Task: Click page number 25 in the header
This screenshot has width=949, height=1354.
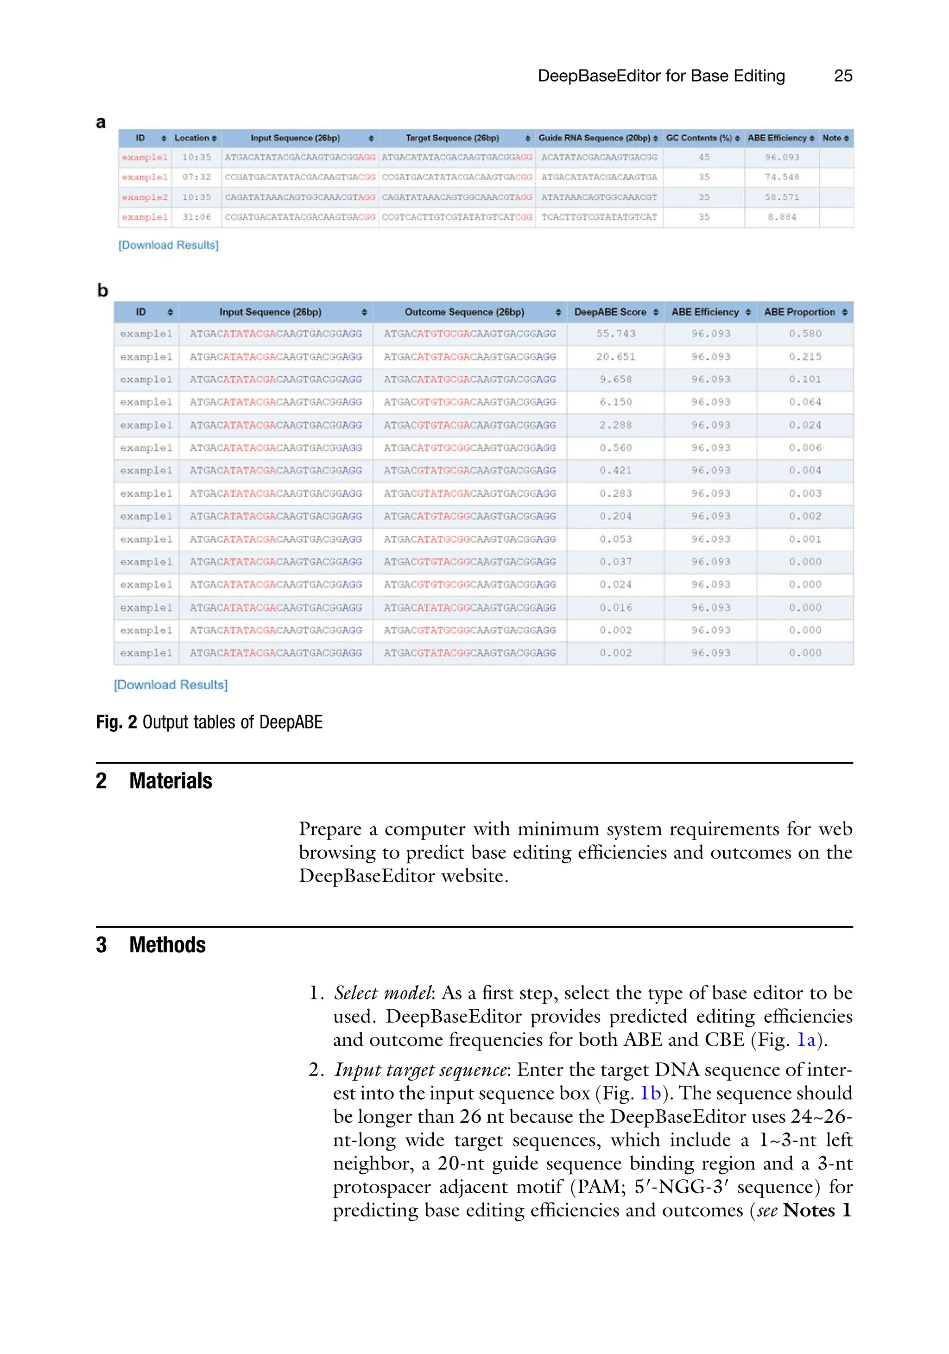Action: click(842, 76)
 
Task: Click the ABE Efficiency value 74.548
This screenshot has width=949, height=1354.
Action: click(782, 177)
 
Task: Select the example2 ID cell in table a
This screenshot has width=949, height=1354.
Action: click(145, 197)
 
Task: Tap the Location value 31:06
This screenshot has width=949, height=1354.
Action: click(196, 217)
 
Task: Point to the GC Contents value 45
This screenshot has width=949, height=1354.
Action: click(703, 158)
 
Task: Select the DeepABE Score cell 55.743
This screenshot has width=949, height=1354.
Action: click(616, 334)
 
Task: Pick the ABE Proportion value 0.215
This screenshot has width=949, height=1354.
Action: click(805, 357)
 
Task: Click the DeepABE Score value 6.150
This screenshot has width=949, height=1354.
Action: click(616, 402)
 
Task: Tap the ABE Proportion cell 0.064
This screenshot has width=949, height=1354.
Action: click(805, 402)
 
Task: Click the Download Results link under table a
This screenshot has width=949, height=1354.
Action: click(169, 245)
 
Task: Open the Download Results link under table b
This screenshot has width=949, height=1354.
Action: click(171, 685)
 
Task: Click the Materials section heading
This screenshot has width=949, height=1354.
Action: click(171, 781)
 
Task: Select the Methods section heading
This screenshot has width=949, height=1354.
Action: click(167, 945)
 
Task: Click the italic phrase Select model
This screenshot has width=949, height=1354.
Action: click(383, 993)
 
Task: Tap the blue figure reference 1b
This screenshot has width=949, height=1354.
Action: click(651, 1093)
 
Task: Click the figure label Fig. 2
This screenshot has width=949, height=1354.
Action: click(116, 722)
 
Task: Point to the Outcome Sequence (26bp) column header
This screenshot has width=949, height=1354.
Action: click(464, 312)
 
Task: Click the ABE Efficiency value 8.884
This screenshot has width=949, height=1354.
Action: click(782, 217)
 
